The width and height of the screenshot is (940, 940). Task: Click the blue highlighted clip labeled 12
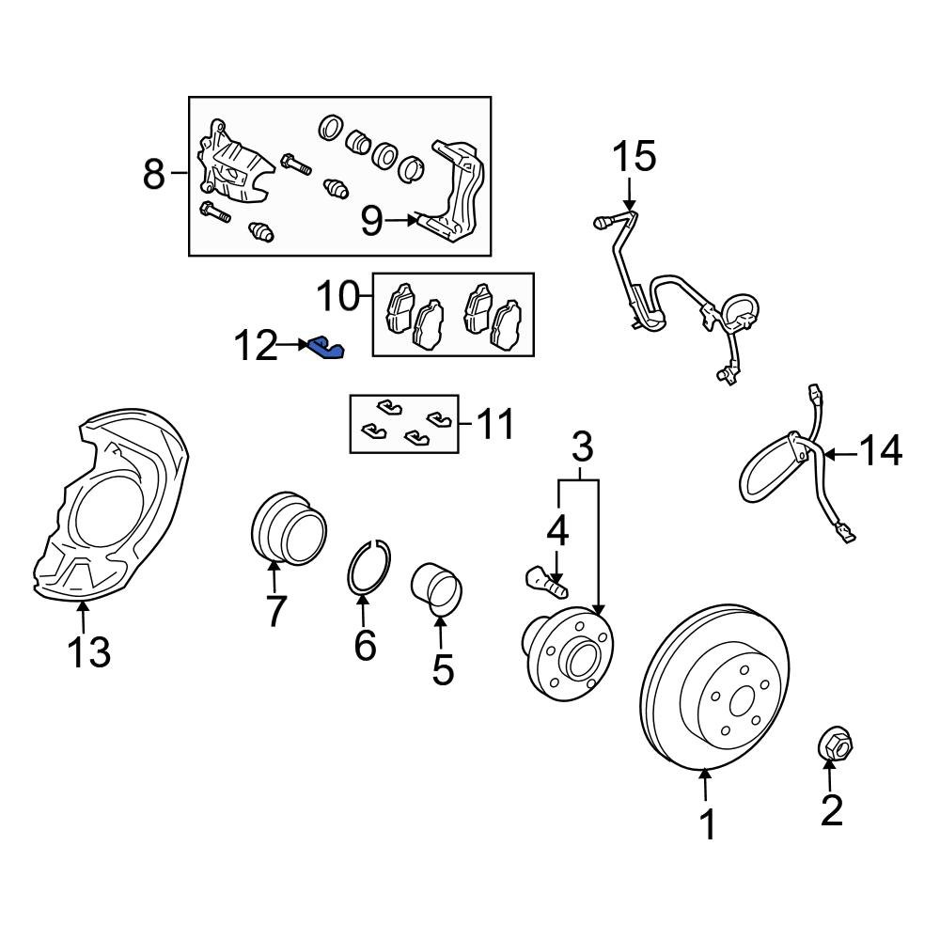325,349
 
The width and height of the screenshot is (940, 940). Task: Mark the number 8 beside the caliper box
153,174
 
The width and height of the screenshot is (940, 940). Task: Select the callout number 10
337,297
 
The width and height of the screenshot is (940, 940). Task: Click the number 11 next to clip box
493,424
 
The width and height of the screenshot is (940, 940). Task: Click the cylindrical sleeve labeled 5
437,588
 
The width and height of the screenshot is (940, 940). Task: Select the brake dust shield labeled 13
108,508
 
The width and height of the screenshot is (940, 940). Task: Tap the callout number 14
878,451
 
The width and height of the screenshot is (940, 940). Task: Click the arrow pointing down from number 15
629,196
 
